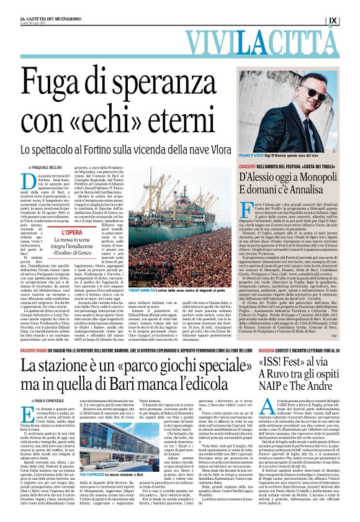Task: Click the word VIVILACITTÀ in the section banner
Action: pos(180,45)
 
